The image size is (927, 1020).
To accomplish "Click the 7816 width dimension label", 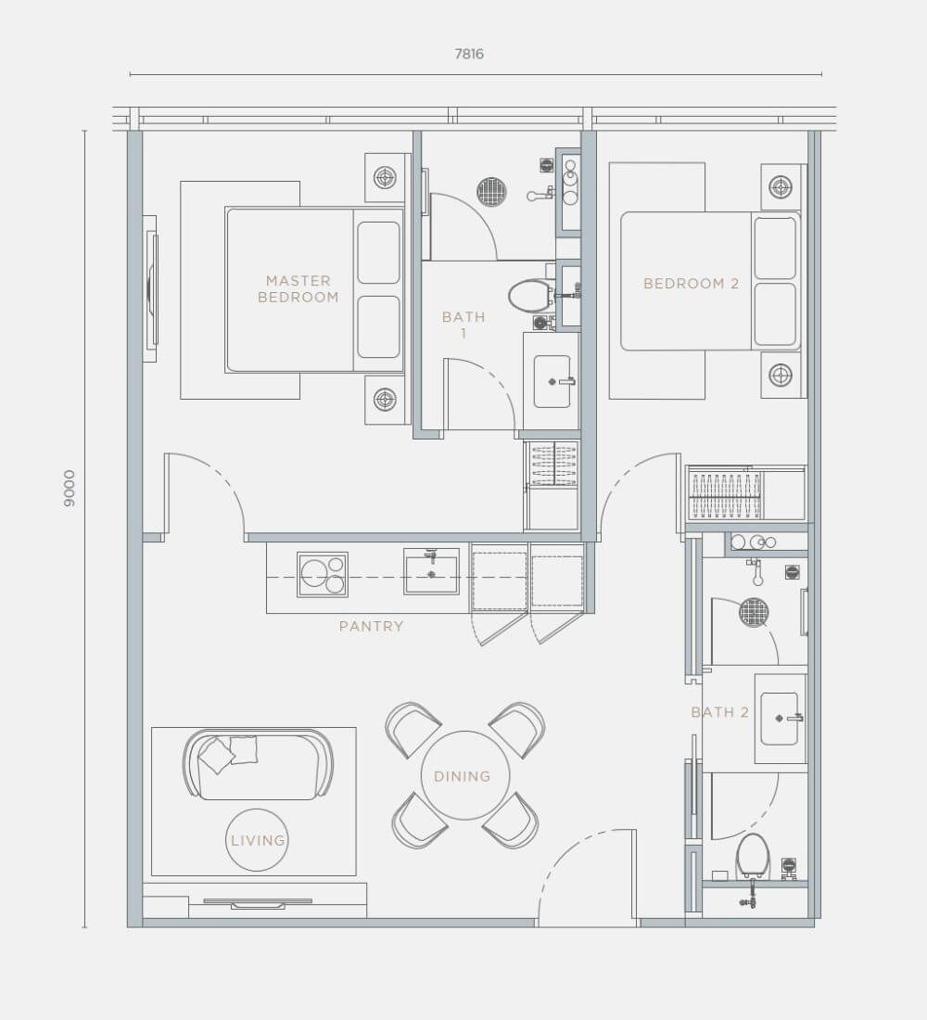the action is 469,54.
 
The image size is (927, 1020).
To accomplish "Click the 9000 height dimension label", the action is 69,489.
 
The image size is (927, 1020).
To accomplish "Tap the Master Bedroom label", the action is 298,288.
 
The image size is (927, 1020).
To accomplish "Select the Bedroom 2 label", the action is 691,284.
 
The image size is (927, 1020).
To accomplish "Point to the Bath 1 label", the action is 463,325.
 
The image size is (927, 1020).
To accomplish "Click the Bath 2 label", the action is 719,712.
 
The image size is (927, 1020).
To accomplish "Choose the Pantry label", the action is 372,627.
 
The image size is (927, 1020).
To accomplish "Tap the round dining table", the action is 464,775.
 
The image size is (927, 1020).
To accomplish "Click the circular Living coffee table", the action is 258,840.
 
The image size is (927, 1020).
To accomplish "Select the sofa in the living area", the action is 259,764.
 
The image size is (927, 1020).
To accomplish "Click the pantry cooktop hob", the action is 322,574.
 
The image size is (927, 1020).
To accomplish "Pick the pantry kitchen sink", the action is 431,571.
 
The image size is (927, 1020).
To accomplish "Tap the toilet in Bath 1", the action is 530,296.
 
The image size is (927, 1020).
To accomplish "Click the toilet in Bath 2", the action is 752,857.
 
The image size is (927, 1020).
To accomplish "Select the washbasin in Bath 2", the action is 780,718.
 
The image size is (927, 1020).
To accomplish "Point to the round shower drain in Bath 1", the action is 491,191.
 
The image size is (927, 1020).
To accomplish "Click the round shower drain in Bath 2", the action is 754,612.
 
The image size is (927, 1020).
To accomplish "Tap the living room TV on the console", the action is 258,903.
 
